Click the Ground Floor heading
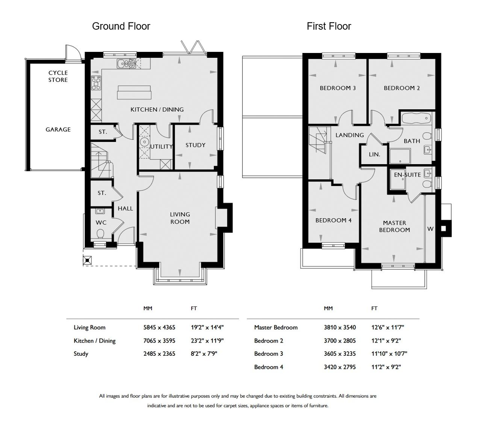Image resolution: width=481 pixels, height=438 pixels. (x=121, y=26)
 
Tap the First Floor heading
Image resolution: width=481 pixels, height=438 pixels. (x=329, y=26)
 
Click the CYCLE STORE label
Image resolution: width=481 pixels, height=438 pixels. (x=58, y=76)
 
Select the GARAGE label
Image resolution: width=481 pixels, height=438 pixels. (x=58, y=130)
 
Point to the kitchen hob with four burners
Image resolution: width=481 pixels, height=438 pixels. (x=96, y=83)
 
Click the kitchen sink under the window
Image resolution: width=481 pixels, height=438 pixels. (x=126, y=63)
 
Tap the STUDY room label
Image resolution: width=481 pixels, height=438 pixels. (x=195, y=145)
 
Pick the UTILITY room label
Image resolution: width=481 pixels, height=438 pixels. (x=161, y=147)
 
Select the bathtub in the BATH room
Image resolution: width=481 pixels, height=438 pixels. (x=416, y=118)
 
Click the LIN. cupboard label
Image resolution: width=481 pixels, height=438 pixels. (x=375, y=154)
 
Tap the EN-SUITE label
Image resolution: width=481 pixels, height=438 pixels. (x=407, y=175)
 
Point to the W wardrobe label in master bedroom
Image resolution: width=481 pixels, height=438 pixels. (x=430, y=229)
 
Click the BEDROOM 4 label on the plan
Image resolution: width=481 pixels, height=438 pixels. (x=333, y=220)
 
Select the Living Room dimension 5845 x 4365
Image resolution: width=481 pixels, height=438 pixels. (x=159, y=327)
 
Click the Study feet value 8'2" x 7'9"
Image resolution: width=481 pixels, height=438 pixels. (x=204, y=353)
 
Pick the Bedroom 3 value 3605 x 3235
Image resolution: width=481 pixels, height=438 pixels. (x=340, y=353)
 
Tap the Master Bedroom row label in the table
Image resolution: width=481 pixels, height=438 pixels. (x=276, y=327)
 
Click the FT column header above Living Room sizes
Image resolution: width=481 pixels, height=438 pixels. (x=194, y=308)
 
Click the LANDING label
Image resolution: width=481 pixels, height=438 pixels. (x=349, y=135)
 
